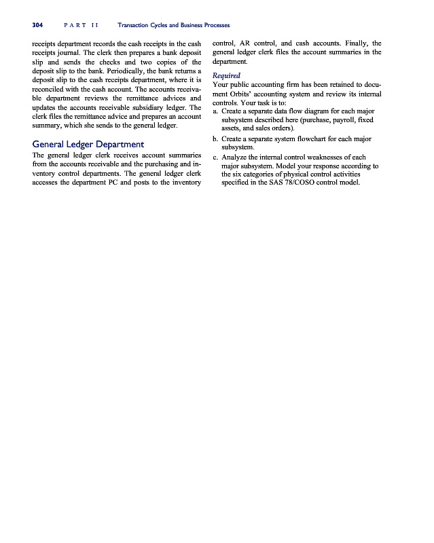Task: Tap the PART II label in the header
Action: pyautogui.click(x=80, y=25)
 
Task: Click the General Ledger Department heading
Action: pyautogui.click(x=88, y=144)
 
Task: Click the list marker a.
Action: pyautogui.click(x=215, y=111)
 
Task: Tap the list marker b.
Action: pyautogui.click(x=215, y=138)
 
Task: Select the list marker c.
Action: pyautogui.click(x=215, y=157)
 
